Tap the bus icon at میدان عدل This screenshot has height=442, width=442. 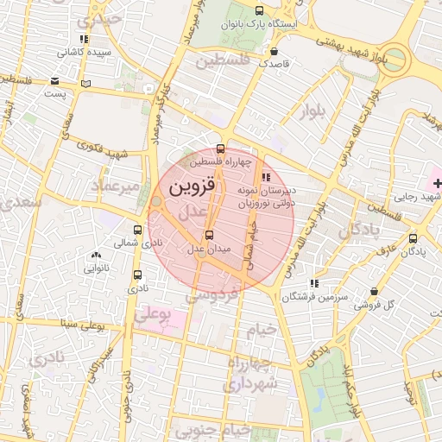208,235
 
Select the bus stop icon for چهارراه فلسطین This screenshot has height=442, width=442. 221,148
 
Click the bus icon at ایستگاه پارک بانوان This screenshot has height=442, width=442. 260,10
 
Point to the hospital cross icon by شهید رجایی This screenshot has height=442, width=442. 438,182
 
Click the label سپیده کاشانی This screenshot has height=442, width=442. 84,53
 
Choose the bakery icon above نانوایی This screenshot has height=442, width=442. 95,256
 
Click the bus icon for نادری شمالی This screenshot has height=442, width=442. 138,230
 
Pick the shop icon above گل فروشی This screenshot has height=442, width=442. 373,292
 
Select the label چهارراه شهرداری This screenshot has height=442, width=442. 251,375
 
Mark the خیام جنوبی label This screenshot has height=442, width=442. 222,429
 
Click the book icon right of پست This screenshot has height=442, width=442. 85,83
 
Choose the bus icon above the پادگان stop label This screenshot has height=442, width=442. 413,238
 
